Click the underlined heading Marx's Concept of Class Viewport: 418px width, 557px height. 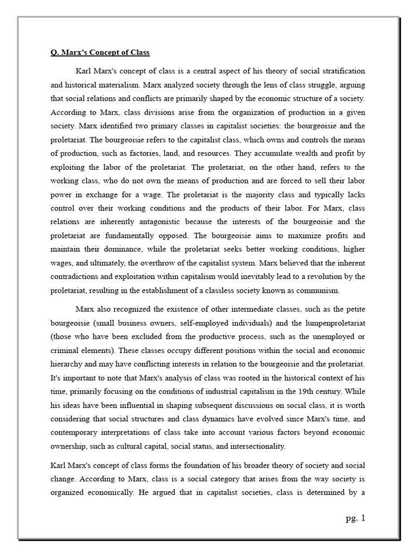[100, 53]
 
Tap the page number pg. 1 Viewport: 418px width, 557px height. [355, 518]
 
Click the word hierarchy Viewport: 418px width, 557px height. [69, 364]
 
